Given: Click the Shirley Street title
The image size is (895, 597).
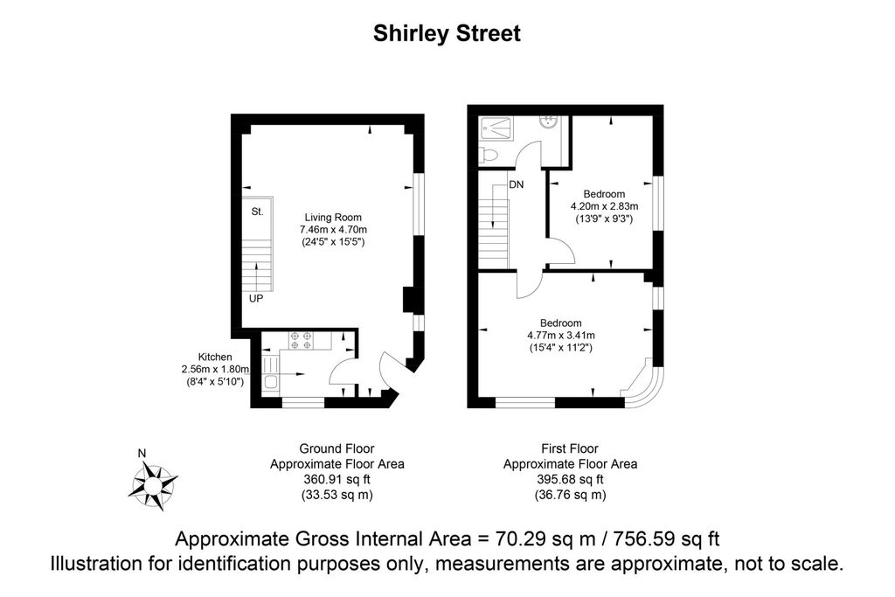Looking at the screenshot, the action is (x=447, y=34).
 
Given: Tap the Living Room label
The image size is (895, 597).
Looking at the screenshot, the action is (x=333, y=217).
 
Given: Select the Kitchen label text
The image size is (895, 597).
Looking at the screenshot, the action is (x=215, y=357).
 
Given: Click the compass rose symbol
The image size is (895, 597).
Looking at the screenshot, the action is (x=152, y=486).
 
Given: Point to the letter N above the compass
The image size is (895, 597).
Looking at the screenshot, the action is (x=142, y=453).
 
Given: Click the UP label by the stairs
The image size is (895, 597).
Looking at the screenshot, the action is (x=256, y=299).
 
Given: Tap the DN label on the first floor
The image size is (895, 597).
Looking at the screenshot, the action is (x=516, y=184).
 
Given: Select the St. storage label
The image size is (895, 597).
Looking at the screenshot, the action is (x=258, y=212).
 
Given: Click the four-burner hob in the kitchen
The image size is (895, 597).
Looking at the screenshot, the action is (x=301, y=341).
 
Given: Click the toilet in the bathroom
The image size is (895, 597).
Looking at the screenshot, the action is (x=489, y=154).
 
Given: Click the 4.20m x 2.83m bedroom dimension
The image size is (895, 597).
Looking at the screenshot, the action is (x=605, y=206).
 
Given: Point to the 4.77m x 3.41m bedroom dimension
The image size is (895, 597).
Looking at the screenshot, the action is (x=560, y=335).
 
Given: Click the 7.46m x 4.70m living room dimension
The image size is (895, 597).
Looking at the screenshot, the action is (x=333, y=229).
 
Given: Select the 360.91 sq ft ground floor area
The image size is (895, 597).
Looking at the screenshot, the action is (x=336, y=479).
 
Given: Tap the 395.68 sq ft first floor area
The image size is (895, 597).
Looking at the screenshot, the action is (x=570, y=479).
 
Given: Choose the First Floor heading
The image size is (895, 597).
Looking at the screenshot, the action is (x=570, y=448).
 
